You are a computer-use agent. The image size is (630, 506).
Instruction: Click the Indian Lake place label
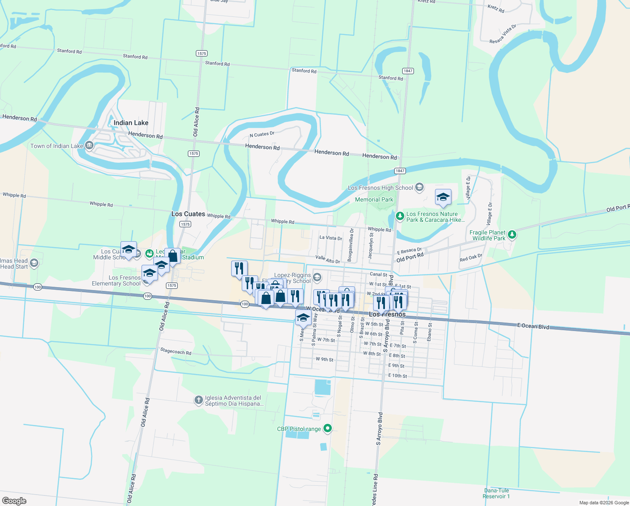[x=131, y=123]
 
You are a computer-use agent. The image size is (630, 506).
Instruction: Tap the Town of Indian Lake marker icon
[x=89, y=146]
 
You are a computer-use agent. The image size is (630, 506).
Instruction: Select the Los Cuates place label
[x=188, y=214]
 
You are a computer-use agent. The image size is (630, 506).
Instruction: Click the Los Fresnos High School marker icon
[x=419, y=187]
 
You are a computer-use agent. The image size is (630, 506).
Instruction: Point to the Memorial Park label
[x=374, y=199]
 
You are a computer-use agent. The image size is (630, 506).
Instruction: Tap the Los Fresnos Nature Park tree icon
[x=400, y=216]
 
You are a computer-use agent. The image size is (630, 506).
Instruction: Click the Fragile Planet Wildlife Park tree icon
[x=512, y=234]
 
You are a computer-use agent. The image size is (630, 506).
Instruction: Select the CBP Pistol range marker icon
[x=327, y=429]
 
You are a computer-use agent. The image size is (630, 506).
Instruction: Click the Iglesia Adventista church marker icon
[x=199, y=400]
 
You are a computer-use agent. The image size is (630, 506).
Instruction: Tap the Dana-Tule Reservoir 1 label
[x=497, y=493]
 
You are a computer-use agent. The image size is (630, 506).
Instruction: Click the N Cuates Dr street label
[x=262, y=135]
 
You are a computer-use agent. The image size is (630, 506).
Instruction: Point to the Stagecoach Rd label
[x=176, y=351]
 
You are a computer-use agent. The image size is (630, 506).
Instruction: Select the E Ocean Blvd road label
[x=533, y=326]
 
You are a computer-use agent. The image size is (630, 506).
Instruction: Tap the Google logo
[x=14, y=501]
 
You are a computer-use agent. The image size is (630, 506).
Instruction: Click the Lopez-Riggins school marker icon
[x=317, y=277]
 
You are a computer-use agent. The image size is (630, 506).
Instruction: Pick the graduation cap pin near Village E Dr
[x=443, y=197]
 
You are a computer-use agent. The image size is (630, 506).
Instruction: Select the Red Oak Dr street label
[x=471, y=258]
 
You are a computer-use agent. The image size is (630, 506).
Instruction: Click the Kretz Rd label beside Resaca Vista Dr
[x=496, y=8]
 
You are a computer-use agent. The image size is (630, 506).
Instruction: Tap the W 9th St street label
[x=325, y=360]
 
